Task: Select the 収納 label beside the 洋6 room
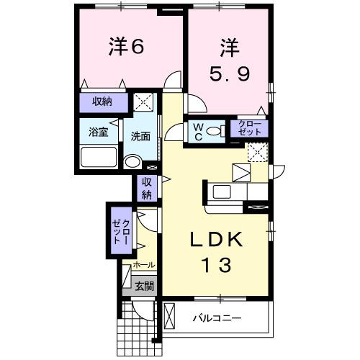tap(102, 102)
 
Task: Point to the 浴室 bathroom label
tap(98, 132)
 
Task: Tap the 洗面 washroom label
tap(140, 136)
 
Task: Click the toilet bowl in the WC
tap(176, 131)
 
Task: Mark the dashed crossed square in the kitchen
tap(256, 152)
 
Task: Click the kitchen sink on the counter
tap(222, 192)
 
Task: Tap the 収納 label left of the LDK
tap(146, 188)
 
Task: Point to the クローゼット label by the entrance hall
tap(120, 233)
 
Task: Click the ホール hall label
tap(143, 266)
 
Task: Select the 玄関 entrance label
tap(144, 286)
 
